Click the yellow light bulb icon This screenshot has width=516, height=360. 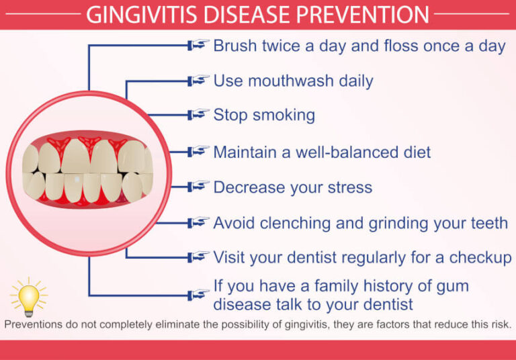click(29, 298)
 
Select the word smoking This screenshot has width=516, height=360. click(284, 115)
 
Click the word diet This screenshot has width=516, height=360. click(415, 152)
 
